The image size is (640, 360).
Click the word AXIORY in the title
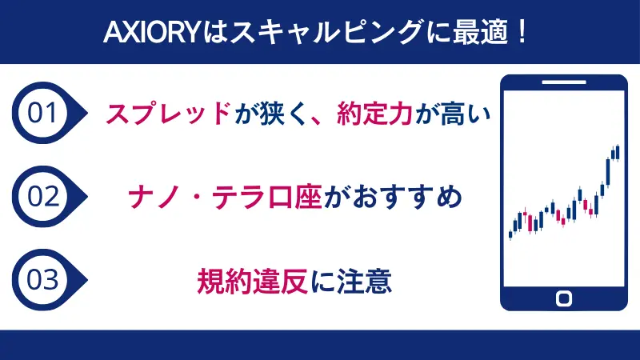click(x=146, y=33)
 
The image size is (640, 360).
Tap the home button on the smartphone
click(x=563, y=298)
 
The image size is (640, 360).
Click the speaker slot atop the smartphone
click(x=563, y=84)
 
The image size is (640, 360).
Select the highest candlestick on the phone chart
click(x=617, y=150)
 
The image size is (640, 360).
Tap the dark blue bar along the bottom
click(x=320, y=344)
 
